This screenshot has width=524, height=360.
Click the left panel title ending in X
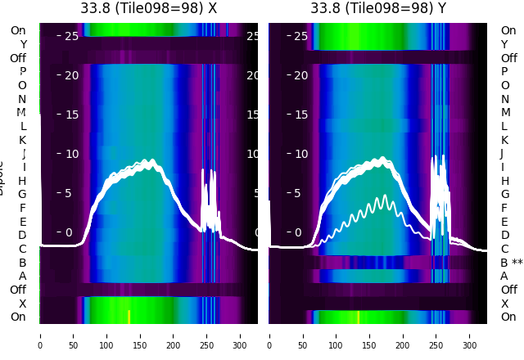[148, 8]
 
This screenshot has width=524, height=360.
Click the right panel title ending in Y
[378, 8]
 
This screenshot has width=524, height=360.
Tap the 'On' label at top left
[18, 30]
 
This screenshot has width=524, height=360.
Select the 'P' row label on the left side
[22, 71]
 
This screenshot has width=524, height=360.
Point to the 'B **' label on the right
[511, 263]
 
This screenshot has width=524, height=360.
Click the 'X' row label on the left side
[22, 304]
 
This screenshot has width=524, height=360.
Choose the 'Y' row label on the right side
[504, 44]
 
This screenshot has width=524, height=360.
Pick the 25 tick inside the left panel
[71, 36]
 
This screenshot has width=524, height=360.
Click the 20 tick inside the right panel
[300, 75]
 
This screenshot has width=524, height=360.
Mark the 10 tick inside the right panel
[300, 154]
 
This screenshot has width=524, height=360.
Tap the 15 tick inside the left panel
[71, 115]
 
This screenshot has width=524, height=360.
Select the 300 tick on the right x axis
[470, 335]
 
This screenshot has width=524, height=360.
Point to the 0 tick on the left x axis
[40, 335]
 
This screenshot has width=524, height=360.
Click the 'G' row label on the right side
[504, 194]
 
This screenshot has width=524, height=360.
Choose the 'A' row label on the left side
[22, 276]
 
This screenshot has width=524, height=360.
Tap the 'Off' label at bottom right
[508, 290]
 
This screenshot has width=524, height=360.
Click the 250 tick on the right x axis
[436, 335]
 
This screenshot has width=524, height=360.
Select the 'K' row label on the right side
[504, 140]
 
